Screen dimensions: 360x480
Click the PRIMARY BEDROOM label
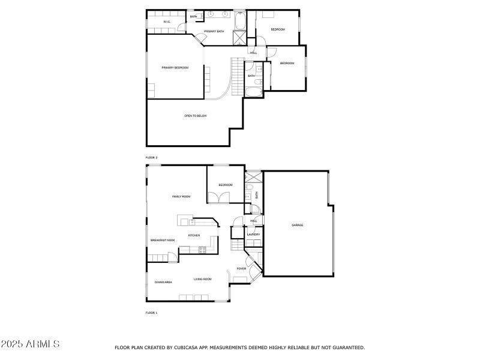pyautogui.click(x=175, y=68)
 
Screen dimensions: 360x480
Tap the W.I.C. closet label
pyautogui.click(x=167, y=23)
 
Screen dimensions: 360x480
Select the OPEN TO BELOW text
pyautogui.click(x=196, y=115)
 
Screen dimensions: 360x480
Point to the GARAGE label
pyautogui.click(x=298, y=225)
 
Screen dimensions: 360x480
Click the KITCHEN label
pyautogui.click(x=194, y=235)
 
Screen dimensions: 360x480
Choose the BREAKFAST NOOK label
pyautogui.click(x=163, y=240)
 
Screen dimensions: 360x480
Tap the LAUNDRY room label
pyautogui.click(x=253, y=235)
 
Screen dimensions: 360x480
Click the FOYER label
pyautogui.click(x=241, y=268)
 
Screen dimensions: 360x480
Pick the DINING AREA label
pyautogui.click(x=164, y=282)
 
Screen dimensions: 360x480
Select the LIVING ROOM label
pyautogui.click(x=203, y=279)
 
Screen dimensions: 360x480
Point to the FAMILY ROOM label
pyautogui.click(x=181, y=197)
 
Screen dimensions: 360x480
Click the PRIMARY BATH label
pyautogui.click(x=214, y=31)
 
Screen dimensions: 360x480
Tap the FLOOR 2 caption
pyautogui.click(x=151, y=157)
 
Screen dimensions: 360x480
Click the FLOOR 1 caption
pyautogui.click(x=151, y=313)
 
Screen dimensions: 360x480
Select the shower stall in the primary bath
pyautogui.click(x=239, y=38)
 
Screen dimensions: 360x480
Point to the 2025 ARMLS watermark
pyautogui.click(x=30, y=344)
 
